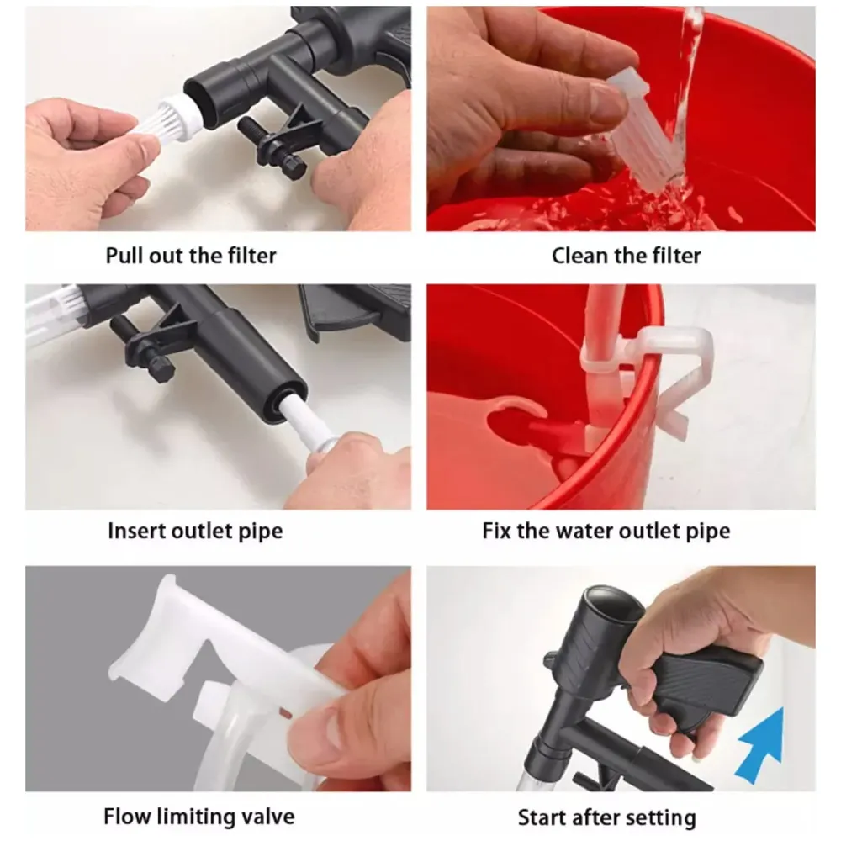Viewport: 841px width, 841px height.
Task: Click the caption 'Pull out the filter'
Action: [191, 256]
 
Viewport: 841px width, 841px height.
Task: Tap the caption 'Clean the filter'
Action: [626, 256]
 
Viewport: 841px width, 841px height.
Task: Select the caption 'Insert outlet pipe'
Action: [195, 531]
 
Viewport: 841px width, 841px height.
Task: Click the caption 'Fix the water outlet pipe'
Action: [606, 531]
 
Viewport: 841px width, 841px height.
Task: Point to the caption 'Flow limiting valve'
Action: [199, 816]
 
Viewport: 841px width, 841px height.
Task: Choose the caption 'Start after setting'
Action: [606, 817]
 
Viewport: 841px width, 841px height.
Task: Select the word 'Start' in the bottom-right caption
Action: [543, 817]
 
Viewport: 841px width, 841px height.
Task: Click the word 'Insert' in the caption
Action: [138, 531]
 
